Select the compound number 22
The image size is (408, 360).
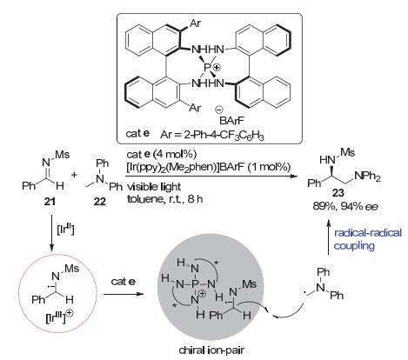tap(100, 201)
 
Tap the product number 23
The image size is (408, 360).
tap(338, 192)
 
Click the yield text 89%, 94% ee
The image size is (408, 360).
tap(345, 206)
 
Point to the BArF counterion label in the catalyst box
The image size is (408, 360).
tap(231, 120)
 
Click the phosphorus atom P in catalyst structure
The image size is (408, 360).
tap(207, 68)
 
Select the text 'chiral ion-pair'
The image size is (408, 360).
tap(211, 350)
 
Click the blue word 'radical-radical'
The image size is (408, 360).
tap(368, 233)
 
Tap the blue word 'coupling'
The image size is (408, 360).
tap(354, 246)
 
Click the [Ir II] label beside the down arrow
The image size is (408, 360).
tap(65, 230)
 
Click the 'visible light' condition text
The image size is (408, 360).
tap(154, 186)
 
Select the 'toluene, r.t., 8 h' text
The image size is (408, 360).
tap(164, 199)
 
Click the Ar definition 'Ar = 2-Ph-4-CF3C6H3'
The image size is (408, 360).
tap(212, 135)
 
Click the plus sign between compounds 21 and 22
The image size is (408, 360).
tap(75, 175)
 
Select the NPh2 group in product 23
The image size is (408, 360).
tap(367, 177)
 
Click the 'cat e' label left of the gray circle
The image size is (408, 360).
tap(124, 282)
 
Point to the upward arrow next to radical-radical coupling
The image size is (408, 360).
tap(329, 237)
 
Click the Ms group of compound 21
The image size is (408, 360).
tap(62, 154)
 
